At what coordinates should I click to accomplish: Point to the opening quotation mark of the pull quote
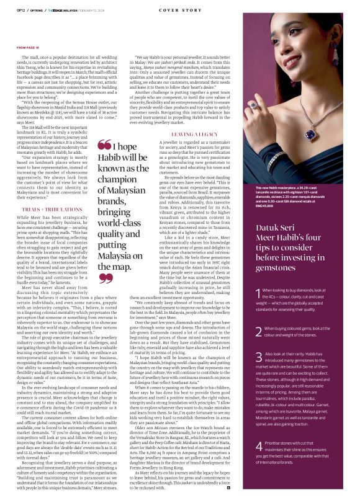coord(104,163)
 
